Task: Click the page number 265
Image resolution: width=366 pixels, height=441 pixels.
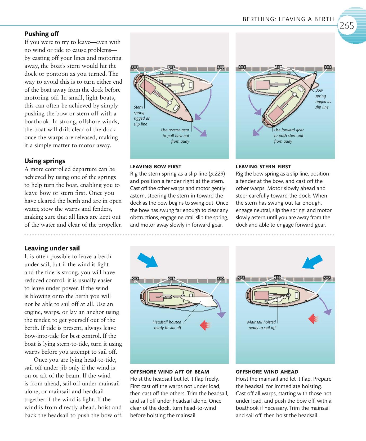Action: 347,26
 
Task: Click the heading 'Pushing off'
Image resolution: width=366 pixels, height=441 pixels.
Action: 42,34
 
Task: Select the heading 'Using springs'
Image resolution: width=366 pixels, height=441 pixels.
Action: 44,161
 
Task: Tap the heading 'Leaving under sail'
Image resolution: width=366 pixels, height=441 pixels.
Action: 52,248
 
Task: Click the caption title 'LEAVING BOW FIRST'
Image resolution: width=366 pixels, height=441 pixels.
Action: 156,167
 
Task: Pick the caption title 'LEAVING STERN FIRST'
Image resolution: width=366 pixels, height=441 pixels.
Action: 263,167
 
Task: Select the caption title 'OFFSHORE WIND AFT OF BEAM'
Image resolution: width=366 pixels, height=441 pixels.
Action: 169,372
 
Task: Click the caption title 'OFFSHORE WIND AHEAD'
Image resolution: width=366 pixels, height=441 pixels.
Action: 267,372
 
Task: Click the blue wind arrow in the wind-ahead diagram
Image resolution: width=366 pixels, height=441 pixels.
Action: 313,262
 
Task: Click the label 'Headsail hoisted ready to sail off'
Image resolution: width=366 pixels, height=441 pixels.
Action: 167,325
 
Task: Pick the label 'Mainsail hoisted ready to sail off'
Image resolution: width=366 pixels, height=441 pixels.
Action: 262,325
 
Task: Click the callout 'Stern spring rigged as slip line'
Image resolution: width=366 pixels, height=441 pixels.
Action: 141,115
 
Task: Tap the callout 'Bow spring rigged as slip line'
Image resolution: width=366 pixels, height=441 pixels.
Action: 323,99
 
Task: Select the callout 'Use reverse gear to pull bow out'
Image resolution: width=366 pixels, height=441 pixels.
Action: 176,136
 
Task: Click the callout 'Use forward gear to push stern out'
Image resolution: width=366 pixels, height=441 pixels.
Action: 289,136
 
